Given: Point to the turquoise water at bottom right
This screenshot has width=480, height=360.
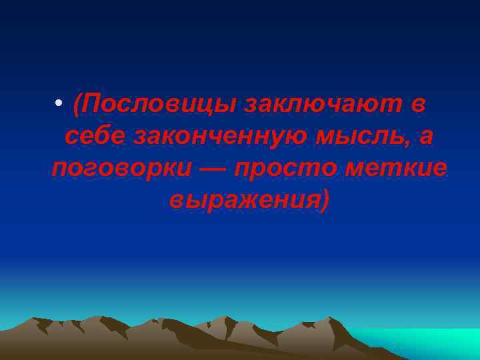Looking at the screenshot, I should coord(427,343).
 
